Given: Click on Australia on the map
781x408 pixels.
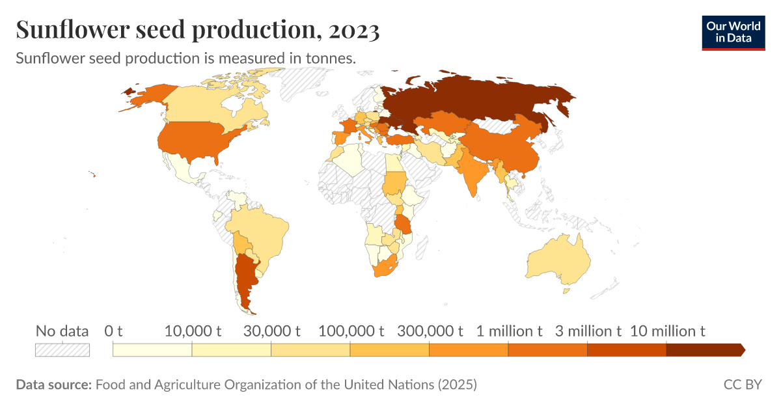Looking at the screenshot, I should [x=558, y=260].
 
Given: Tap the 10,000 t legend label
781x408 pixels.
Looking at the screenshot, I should [x=193, y=331].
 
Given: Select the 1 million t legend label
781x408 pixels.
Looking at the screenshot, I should [x=509, y=331].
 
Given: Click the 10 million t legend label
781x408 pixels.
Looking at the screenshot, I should [x=668, y=331].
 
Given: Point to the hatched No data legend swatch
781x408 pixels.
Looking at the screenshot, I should [x=62, y=350].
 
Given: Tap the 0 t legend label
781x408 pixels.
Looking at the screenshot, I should [x=113, y=331].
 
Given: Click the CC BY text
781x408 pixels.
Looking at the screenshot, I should [x=742, y=385].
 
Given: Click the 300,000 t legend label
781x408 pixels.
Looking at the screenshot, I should [x=430, y=331].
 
